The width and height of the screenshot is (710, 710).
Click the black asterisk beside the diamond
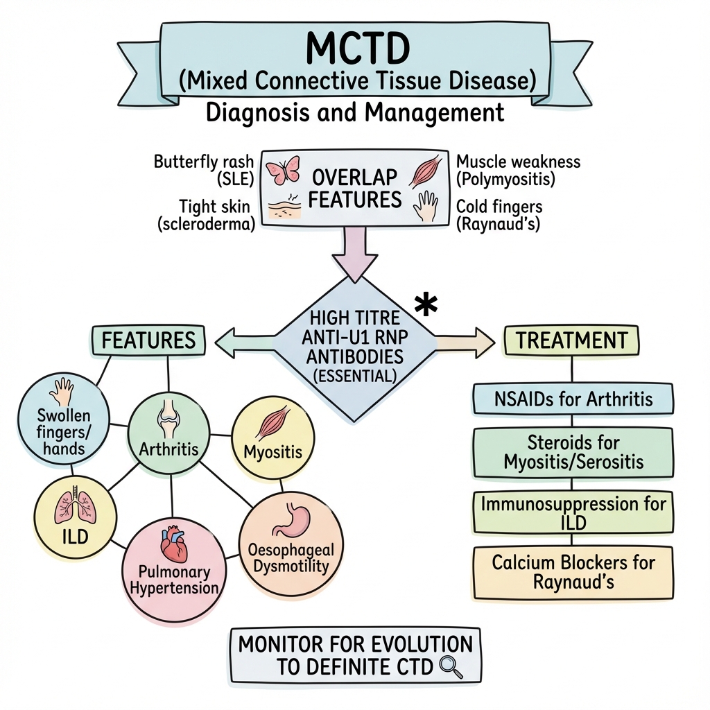(x=425, y=305)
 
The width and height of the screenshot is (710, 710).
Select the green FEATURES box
(x=148, y=340)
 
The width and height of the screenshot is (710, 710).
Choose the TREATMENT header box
(x=571, y=340)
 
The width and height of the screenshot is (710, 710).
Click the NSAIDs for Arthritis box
(x=573, y=400)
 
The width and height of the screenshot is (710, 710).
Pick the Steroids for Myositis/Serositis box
(x=573, y=452)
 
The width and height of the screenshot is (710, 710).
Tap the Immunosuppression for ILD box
(x=573, y=512)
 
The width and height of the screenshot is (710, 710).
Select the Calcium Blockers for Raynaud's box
(x=573, y=571)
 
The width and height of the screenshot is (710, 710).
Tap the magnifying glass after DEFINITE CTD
(x=451, y=666)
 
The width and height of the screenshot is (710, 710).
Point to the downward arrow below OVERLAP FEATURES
(x=355, y=253)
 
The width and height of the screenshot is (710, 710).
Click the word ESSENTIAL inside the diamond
(x=355, y=376)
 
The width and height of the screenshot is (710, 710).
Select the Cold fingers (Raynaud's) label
(x=499, y=215)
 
